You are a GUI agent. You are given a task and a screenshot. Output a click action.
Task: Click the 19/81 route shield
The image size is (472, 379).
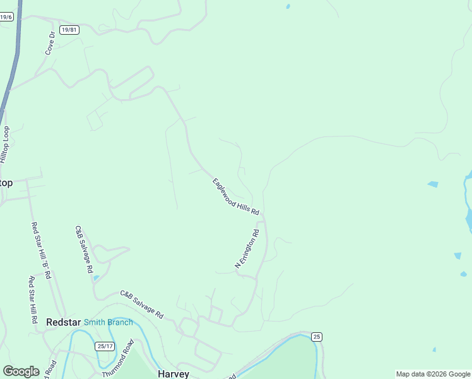(x=69, y=30)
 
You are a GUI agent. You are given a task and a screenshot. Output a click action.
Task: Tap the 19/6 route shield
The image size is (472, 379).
(x=6, y=17)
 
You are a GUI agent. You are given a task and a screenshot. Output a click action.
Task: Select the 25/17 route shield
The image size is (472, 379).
(x=105, y=346)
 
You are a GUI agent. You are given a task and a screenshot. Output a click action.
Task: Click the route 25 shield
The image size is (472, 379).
(x=317, y=337)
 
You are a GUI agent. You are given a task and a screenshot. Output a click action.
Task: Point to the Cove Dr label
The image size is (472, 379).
(x=50, y=43)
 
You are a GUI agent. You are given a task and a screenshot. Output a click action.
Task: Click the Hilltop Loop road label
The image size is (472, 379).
(x=6, y=145)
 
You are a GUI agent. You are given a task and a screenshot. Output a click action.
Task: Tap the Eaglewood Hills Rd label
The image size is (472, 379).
(x=236, y=197)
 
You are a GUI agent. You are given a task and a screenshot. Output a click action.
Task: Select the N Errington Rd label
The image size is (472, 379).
(x=247, y=249)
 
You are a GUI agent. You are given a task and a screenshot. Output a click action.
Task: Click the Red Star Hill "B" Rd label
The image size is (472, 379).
(x=42, y=251)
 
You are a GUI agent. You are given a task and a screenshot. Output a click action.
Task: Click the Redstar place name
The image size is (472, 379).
(x=63, y=322)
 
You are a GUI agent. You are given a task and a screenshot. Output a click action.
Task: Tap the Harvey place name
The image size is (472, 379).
(x=174, y=374)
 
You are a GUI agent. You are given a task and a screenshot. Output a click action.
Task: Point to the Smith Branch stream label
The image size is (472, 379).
(x=109, y=322)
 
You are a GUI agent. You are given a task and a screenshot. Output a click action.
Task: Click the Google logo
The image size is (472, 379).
(x=21, y=371)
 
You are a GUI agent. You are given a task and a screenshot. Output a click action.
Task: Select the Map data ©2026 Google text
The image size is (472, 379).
(x=433, y=374)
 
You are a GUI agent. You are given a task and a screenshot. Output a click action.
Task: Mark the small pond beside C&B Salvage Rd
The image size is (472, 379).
(x=96, y=277)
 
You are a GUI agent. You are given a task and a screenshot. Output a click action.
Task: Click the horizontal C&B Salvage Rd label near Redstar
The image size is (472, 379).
(x=142, y=304)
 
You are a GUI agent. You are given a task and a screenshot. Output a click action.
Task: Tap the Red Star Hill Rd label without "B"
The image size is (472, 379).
(x=32, y=301)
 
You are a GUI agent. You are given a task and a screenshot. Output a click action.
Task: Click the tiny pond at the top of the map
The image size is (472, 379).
(x=288, y=6)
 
